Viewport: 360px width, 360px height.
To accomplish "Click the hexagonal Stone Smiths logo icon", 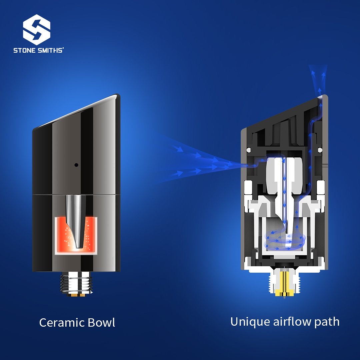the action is pos(37,30).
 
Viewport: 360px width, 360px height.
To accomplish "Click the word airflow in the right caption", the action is pos(292,321).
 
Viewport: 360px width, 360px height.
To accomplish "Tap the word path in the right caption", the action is pos(327,322).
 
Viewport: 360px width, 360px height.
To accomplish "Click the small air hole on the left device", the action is pos(76,165).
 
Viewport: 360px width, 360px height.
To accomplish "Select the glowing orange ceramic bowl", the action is pos(76,236).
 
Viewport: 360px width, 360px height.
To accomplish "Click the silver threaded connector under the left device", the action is pos(76,284).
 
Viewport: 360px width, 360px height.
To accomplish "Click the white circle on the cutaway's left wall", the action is pos(248,150).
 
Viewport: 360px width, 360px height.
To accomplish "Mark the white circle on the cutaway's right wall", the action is pos(320,150).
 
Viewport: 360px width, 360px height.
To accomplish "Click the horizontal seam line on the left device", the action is pos(76,195).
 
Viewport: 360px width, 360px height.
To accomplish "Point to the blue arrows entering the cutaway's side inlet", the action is pos(202,161).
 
